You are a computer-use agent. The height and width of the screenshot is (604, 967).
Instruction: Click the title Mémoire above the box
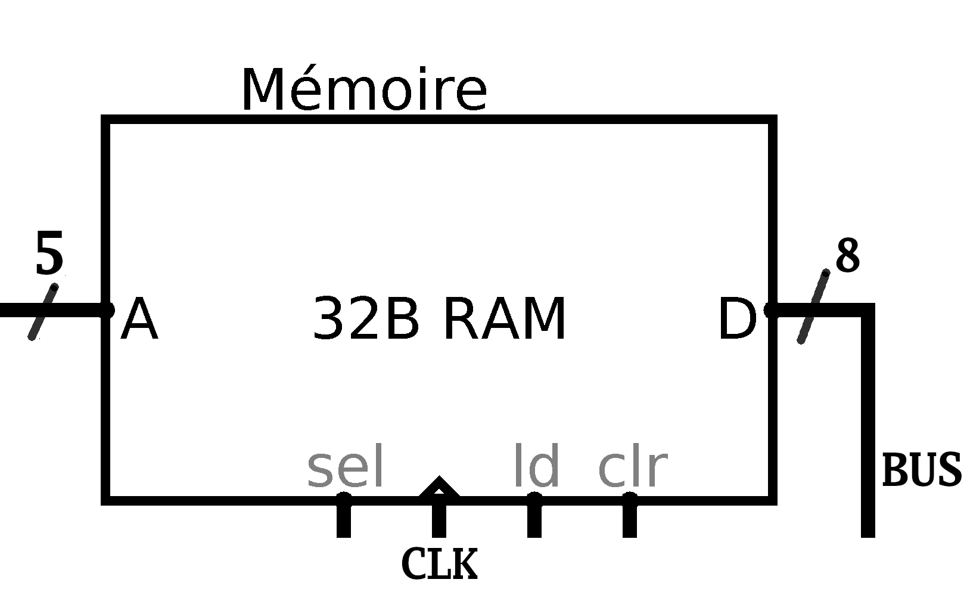(364, 91)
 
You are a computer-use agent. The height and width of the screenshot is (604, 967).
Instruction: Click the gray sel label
(345, 466)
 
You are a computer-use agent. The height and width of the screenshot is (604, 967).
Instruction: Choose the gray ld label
(536, 466)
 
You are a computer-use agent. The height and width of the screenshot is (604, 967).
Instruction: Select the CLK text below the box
(440, 563)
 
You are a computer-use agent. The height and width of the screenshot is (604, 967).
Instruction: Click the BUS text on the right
(921, 470)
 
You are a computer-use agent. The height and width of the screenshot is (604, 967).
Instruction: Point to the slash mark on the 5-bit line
(43, 312)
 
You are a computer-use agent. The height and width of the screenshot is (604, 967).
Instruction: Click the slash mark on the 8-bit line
(813, 306)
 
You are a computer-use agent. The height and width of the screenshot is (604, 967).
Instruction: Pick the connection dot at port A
(107, 310)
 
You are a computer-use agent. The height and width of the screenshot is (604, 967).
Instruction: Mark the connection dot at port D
(770, 309)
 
